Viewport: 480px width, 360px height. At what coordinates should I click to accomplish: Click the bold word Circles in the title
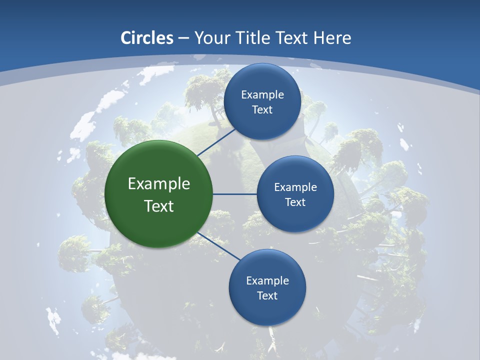point(147,38)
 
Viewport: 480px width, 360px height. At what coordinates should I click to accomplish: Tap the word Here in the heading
point(332,38)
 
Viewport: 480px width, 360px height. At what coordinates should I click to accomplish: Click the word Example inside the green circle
point(159,184)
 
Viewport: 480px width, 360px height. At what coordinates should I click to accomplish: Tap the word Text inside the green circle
point(159,206)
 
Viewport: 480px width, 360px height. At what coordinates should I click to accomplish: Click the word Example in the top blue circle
point(262,95)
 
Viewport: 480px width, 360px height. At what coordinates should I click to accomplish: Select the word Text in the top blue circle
point(262,110)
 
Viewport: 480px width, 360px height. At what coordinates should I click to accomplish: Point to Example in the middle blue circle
point(295,187)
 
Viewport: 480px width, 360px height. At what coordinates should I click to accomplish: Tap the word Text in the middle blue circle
point(295,202)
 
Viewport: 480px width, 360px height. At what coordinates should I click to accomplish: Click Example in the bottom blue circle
point(267,281)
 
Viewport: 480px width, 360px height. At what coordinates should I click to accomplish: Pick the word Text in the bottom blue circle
point(267,296)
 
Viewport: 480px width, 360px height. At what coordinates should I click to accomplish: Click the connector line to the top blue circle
point(217,142)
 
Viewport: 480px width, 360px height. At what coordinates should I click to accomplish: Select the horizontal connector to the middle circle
point(235,194)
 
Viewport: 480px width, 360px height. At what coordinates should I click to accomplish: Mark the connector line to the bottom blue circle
point(218,246)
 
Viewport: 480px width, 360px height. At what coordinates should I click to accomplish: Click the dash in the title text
point(183,38)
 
